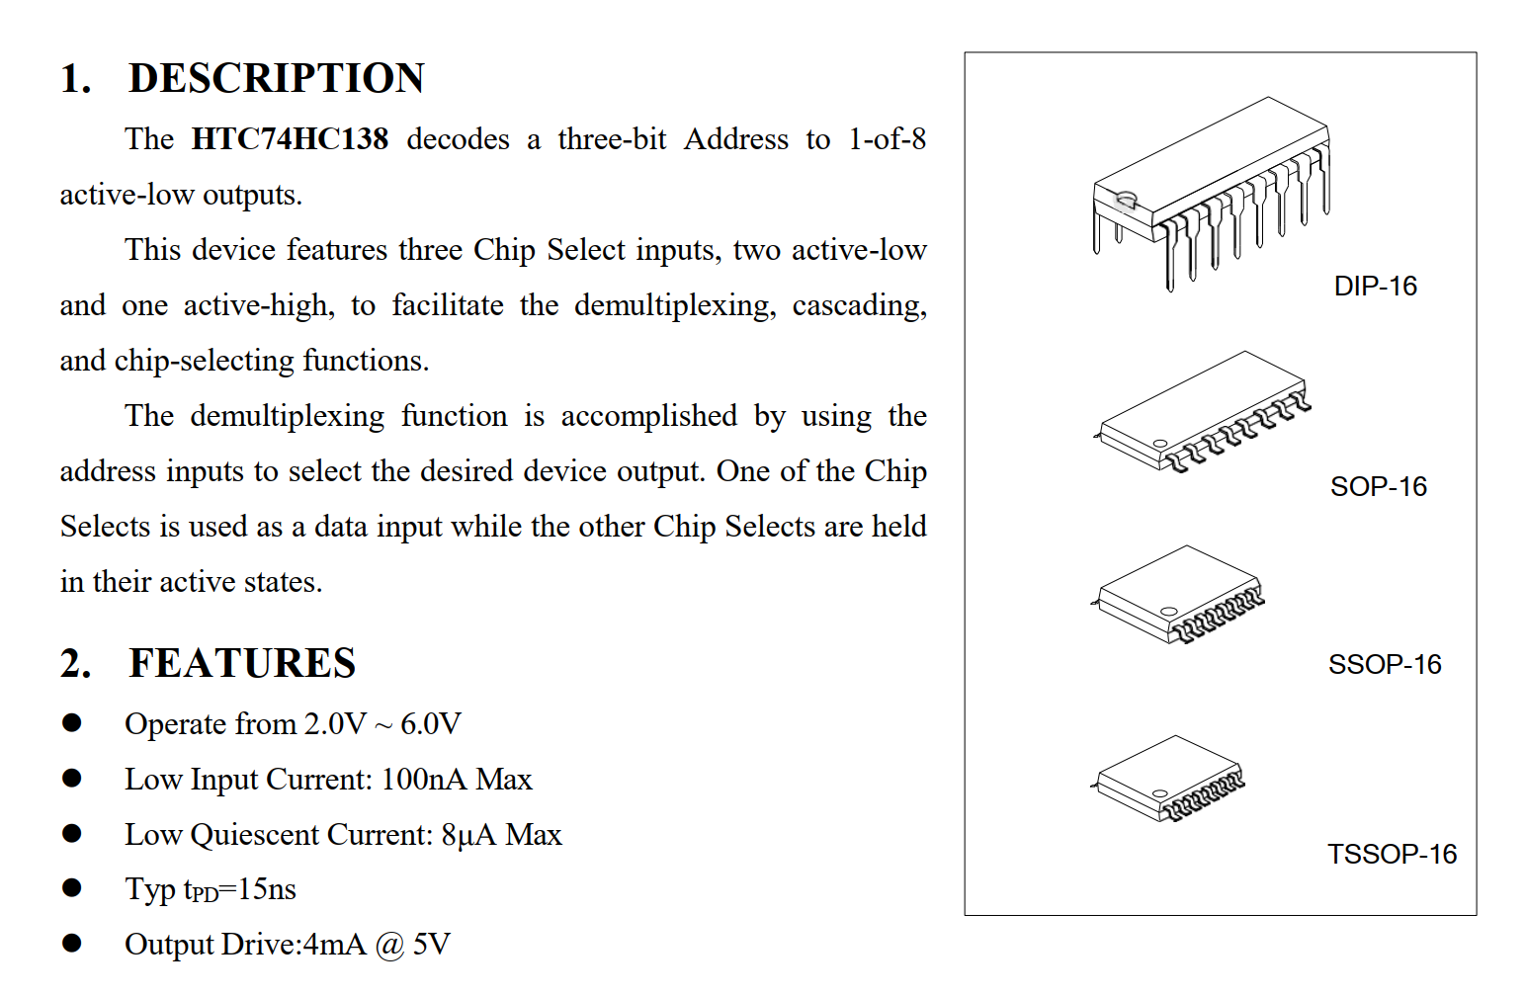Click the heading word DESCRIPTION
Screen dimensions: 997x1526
coord(276,78)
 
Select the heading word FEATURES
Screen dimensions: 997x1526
coord(242,663)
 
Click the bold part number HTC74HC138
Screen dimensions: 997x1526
coord(290,139)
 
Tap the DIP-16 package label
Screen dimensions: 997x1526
coord(1375,287)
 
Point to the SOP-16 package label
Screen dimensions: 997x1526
coord(1378,487)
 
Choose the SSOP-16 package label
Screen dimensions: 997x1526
coord(1384,665)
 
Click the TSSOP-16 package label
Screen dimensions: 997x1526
coord(1392,855)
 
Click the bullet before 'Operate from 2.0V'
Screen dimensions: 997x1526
coord(72,723)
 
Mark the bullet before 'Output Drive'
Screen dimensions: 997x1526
coord(72,944)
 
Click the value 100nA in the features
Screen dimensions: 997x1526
coord(423,780)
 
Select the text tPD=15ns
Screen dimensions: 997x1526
coord(240,889)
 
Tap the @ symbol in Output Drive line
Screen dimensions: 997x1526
coord(389,946)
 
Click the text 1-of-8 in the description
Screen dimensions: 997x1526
coord(887,139)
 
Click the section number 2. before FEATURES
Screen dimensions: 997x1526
coord(75,663)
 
